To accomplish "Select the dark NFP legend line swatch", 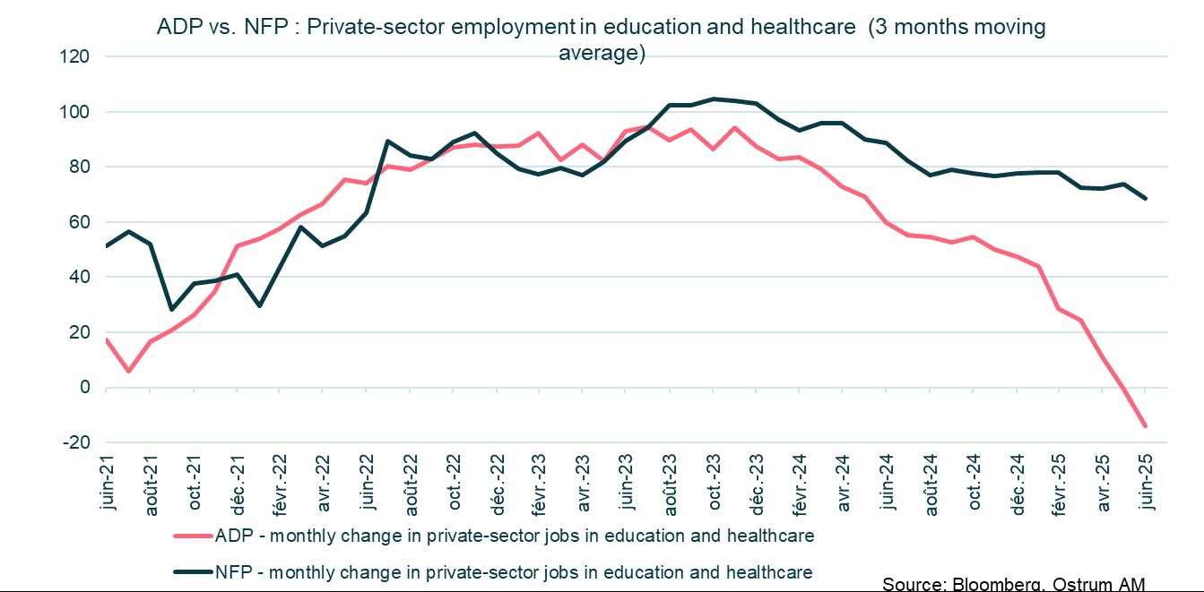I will (x=192, y=572).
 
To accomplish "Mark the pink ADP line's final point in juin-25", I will (x=1145, y=426).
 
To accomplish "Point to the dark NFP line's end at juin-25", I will (x=1145, y=199).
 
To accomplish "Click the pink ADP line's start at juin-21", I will (x=107, y=339).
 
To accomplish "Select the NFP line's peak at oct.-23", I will (x=714, y=99).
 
